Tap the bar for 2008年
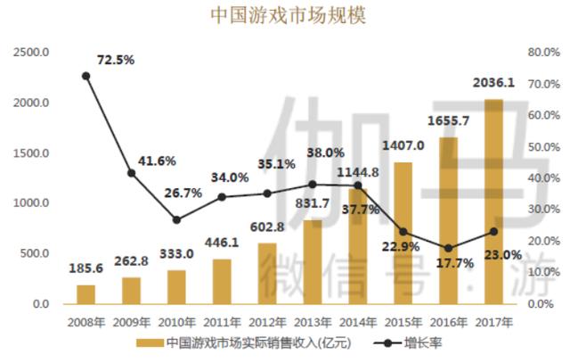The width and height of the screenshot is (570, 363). (x=85, y=294)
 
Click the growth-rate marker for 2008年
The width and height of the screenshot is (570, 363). (x=85, y=76)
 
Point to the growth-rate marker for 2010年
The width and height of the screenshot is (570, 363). (x=177, y=219)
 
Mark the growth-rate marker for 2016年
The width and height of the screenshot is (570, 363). (x=448, y=248)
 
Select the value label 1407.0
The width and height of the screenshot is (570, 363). (x=403, y=145)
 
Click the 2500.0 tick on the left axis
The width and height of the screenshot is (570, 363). (x=32, y=53)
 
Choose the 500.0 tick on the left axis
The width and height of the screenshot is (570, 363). (x=36, y=254)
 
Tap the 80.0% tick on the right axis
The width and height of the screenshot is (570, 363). (x=541, y=53)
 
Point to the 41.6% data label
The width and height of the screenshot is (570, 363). (x=157, y=161)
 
